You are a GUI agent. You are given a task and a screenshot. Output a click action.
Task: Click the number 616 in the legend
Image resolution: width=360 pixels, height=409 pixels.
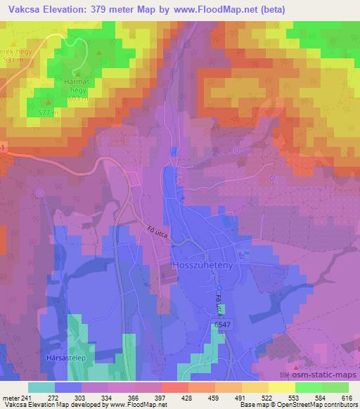(347, 398)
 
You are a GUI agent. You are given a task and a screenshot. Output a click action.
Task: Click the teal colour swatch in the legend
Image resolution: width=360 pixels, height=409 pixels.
(41, 387)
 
